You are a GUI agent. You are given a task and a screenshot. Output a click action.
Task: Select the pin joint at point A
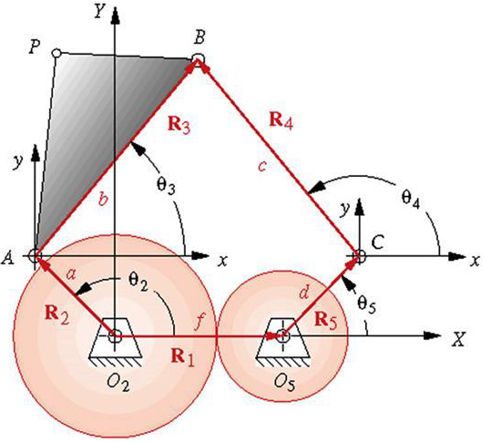coord(36,257)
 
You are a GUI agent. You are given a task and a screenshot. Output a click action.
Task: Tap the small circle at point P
coord(57,53)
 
